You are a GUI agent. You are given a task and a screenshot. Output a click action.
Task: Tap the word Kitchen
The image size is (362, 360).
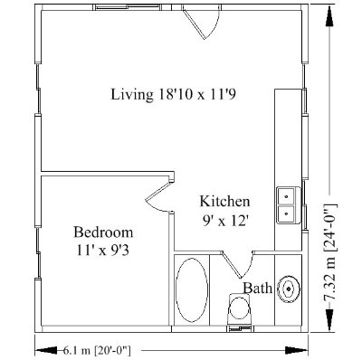coord(224,201)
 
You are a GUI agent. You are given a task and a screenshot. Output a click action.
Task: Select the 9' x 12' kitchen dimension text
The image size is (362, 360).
coord(224,218)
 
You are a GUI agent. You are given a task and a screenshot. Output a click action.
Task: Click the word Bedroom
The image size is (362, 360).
coord(103,231)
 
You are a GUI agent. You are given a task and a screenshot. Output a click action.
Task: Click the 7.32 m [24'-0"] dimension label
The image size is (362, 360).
coord(335,245)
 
